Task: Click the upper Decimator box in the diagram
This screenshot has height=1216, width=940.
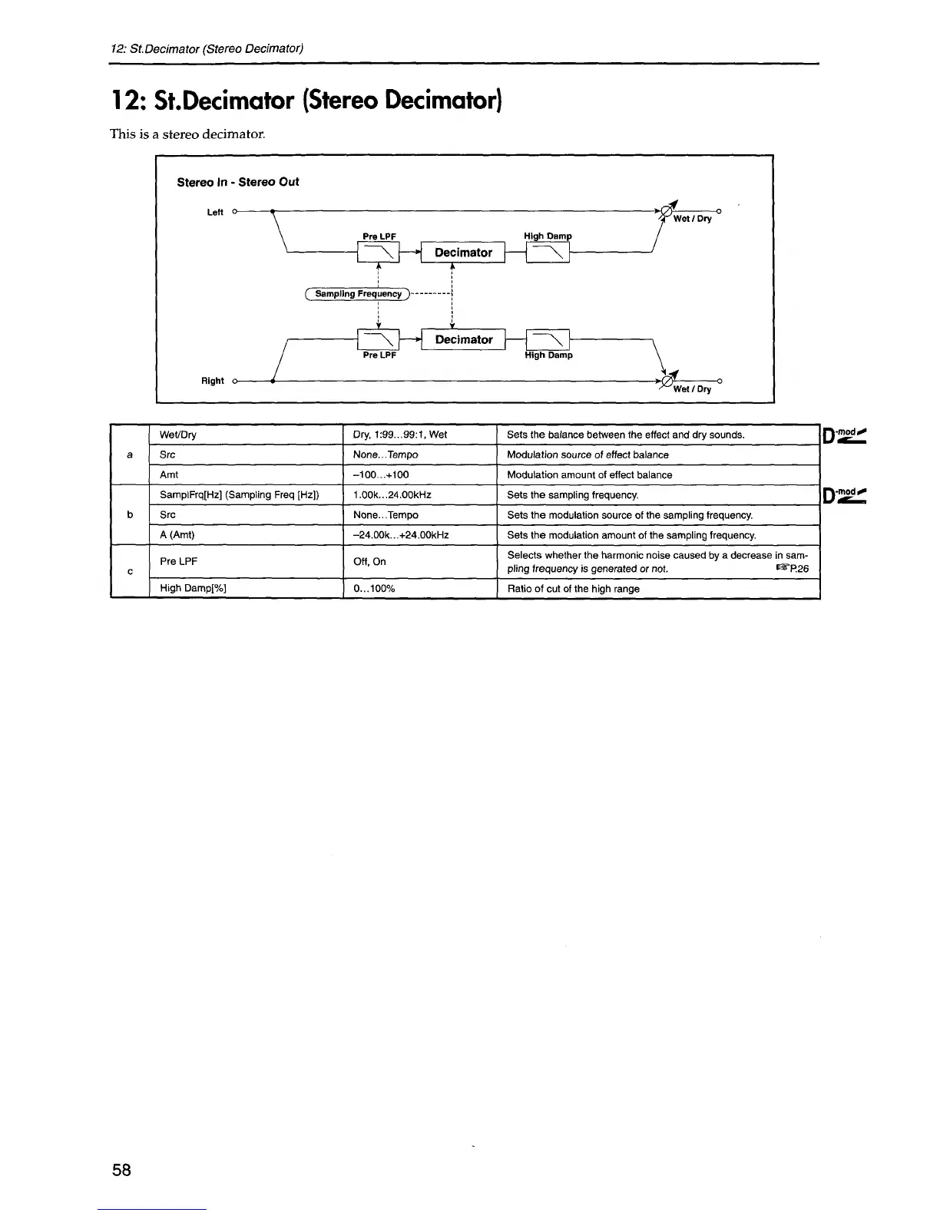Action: point(463,253)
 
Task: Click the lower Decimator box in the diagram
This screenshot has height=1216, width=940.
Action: point(463,339)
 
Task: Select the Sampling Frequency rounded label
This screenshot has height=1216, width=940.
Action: point(359,294)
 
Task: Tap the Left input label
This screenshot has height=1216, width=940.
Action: point(215,213)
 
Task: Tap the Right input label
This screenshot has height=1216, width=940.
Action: point(213,381)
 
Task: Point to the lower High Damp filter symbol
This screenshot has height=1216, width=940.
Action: point(548,339)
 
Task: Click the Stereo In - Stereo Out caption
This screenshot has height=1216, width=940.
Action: point(238,182)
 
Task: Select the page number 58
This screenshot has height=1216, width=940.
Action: point(121,1170)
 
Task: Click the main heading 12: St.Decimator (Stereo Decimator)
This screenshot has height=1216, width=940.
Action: point(306,101)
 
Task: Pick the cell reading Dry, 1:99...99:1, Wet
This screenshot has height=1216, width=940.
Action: point(400,435)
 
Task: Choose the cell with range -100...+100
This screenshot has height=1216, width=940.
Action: point(381,474)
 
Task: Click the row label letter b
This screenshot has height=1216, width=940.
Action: point(130,515)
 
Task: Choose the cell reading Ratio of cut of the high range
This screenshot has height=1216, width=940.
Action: point(573,589)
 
